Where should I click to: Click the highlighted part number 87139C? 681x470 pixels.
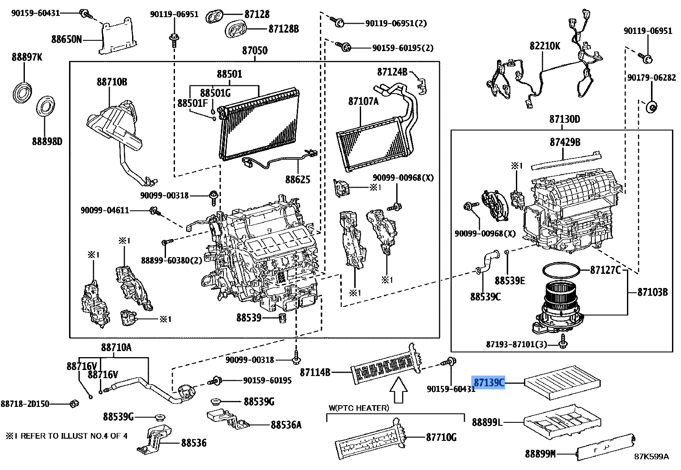click(x=489, y=382)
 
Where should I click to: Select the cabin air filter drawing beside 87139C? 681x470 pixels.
click(x=562, y=382)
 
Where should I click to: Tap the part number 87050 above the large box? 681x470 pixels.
click(x=255, y=51)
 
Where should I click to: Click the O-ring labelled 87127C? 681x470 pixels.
click(x=562, y=270)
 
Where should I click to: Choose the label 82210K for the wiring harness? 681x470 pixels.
click(x=545, y=45)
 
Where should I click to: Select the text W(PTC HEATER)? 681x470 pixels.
click(x=359, y=408)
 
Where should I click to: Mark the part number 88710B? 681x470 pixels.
click(x=111, y=82)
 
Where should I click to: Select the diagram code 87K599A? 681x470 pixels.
click(x=651, y=456)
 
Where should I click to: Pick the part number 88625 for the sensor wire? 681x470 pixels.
click(x=298, y=179)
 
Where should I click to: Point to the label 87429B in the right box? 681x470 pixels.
click(x=565, y=142)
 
